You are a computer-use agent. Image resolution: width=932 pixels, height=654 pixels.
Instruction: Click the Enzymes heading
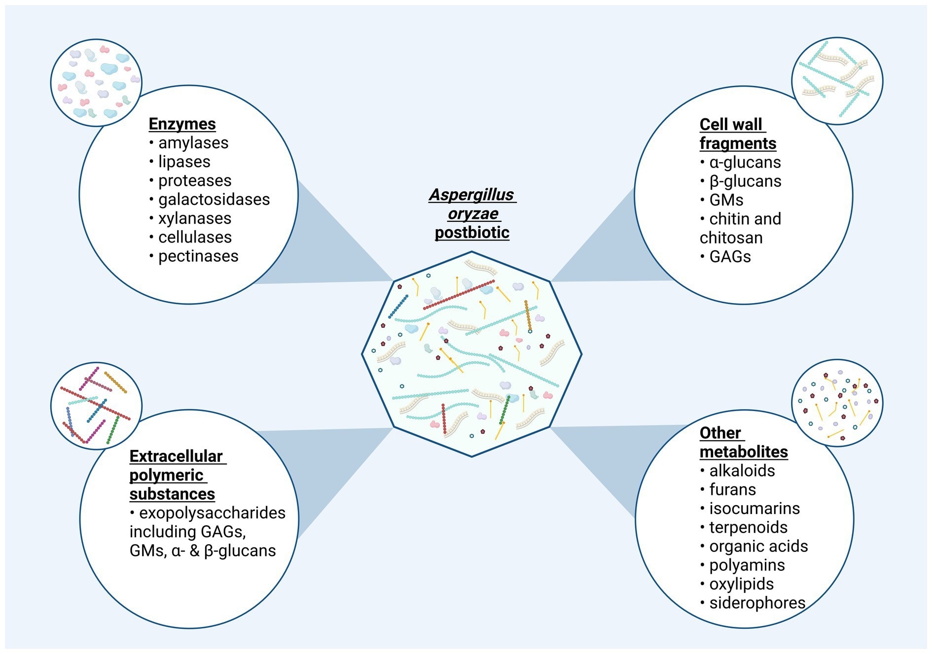tap(182, 124)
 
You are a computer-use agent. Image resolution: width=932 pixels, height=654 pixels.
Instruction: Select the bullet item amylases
tap(193, 143)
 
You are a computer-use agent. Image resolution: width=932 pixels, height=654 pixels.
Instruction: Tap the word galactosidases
tap(214, 200)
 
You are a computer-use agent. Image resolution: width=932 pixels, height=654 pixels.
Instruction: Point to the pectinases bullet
tap(198, 256)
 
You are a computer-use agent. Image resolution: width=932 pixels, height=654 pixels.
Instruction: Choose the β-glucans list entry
tap(745, 181)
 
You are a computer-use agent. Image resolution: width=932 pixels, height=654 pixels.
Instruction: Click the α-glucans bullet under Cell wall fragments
tap(745, 163)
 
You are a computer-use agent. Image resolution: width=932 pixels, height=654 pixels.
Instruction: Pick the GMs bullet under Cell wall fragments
tap(726, 200)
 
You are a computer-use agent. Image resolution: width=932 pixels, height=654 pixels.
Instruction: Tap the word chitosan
tap(731, 238)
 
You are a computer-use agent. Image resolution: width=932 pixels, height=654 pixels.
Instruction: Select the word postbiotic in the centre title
tap(472, 233)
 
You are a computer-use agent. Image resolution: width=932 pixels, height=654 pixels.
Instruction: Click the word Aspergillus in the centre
tap(471, 195)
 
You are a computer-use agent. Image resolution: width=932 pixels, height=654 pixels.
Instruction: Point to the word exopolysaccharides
tap(212, 513)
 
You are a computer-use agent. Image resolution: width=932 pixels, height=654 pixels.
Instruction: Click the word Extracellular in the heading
tap(176, 456)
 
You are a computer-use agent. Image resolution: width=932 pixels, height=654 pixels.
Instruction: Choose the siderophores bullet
tap(757, 603)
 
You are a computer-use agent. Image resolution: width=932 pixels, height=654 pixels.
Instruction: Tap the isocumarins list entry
tap(754, 509)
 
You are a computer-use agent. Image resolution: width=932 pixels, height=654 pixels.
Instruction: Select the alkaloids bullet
tap(742, 471)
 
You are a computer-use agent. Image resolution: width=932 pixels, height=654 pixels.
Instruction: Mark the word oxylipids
tap(741, 584)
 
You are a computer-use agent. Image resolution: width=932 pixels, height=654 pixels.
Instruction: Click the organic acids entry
tap(758, 547)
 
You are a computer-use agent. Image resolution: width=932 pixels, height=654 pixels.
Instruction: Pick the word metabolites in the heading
tap(744, 452)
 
